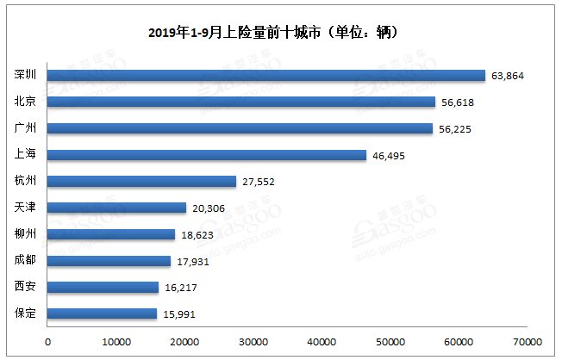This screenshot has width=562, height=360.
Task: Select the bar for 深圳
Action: tap(266, 76)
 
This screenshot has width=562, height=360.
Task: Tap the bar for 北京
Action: tap(241, 102)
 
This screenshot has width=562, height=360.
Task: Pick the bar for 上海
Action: tap(207, 155)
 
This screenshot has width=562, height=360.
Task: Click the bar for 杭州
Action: tap(141, 182)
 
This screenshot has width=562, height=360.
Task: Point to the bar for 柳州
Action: tap(111, 234)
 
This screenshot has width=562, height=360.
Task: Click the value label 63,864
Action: tap(508, 76)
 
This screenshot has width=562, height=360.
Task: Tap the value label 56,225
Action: tap(454, 129)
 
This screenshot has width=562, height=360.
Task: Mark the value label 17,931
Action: tap(191, 261)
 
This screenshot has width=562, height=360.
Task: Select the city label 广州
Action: tap(25, 129)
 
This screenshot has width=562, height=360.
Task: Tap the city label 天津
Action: tap(25, 208)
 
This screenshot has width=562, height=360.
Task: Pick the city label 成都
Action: tap(25, 261)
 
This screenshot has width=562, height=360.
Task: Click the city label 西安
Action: tap(25, 288)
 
